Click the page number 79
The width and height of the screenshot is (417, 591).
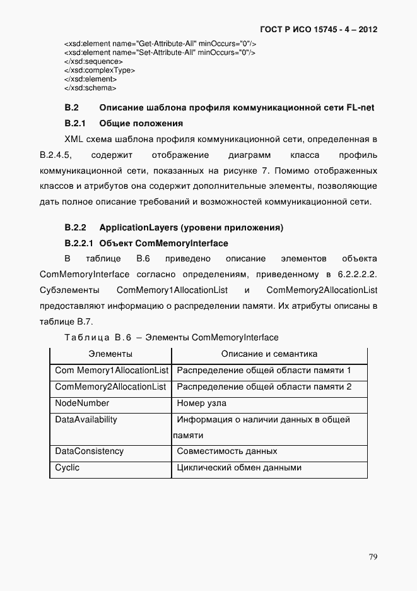point(373,556)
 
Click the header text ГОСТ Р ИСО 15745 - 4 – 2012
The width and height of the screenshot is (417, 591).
point(327,30)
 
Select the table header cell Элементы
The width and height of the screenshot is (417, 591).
point(110,354)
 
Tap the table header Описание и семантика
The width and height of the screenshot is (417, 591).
point(269,354)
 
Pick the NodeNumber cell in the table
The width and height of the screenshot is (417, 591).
point(82,403)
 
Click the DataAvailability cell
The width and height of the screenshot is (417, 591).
point(86,419)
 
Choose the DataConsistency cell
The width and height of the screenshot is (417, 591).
point(89,451)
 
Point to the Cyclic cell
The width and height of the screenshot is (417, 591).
point(68,468)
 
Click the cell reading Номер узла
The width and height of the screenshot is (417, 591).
point(201,403)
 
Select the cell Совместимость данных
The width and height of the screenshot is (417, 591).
point(226,451)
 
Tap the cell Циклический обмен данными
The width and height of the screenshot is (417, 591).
point(239,468)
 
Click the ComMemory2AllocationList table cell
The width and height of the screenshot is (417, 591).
point(110,386)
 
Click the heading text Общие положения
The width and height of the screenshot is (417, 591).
point(141,123)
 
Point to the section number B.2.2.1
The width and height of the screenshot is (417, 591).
point(79,243)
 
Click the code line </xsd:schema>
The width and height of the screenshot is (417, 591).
point(90,88)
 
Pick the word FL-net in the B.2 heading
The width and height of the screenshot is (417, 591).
point(360,108)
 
